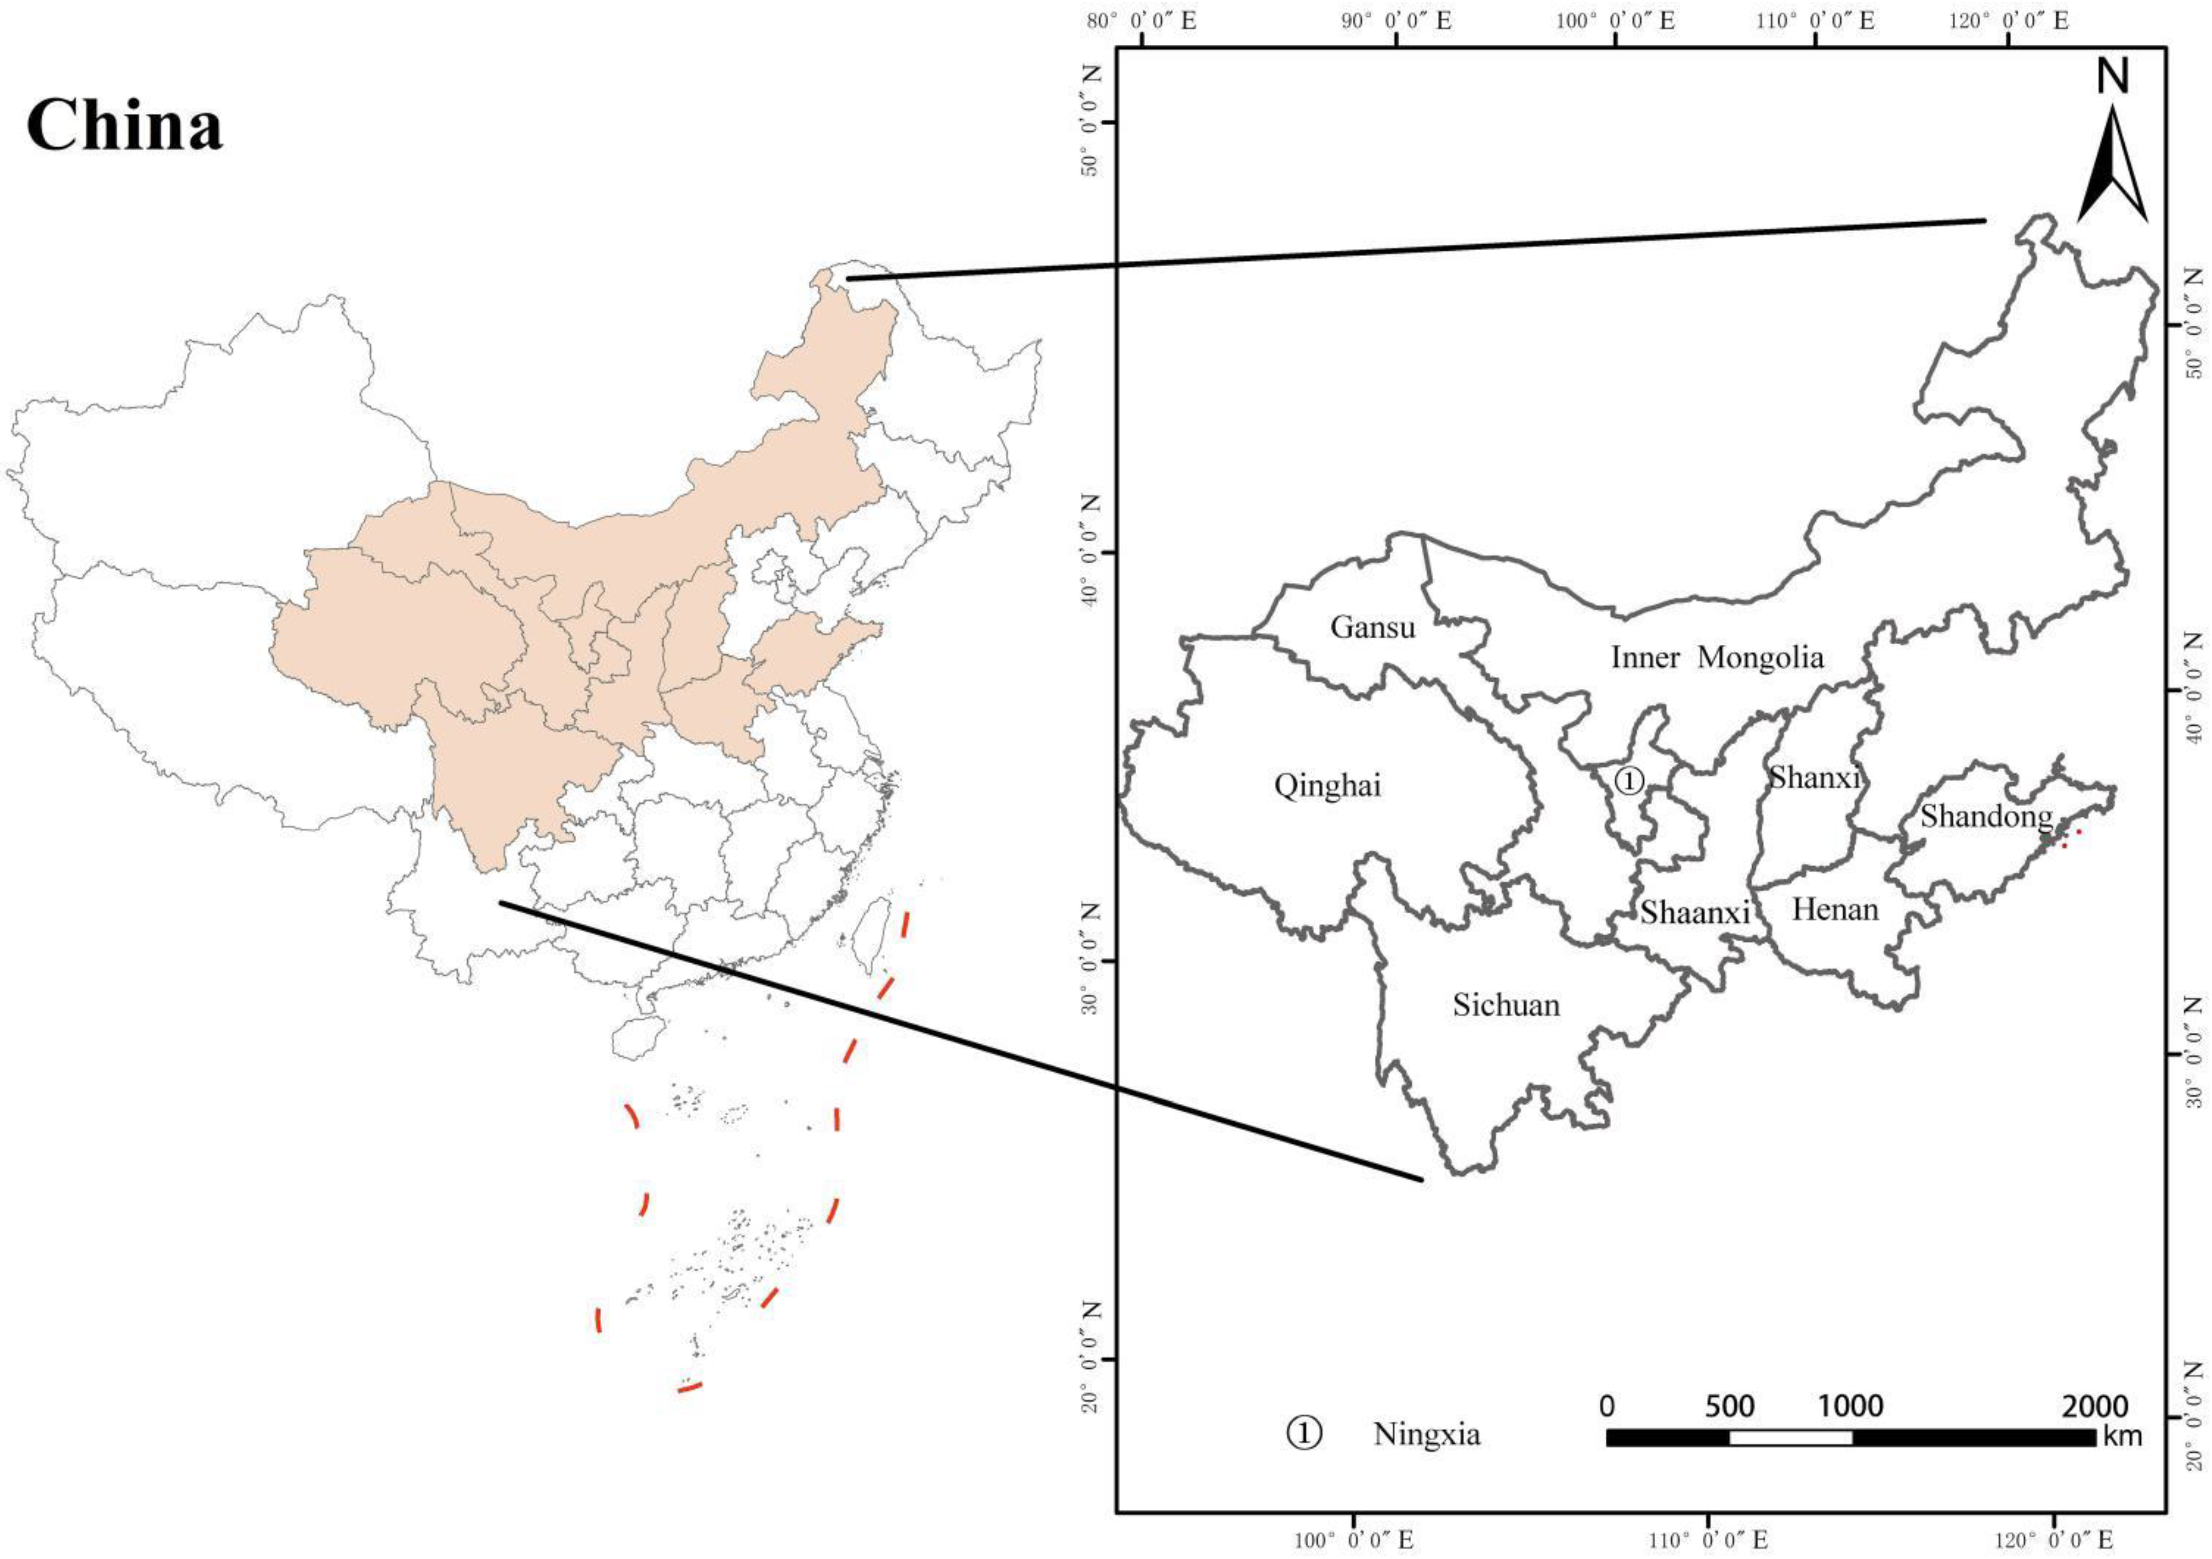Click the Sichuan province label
(x=1506, y=1005)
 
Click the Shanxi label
(x=1814, y=777)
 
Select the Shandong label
(x=1986, y=816)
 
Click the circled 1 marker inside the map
(x=1628, y=779)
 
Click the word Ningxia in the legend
(x=1427, y=1434)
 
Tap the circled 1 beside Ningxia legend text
(x=1304, y=1433)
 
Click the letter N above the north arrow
(x=2106, y=77)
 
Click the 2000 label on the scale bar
(x=2096, y=1407)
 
